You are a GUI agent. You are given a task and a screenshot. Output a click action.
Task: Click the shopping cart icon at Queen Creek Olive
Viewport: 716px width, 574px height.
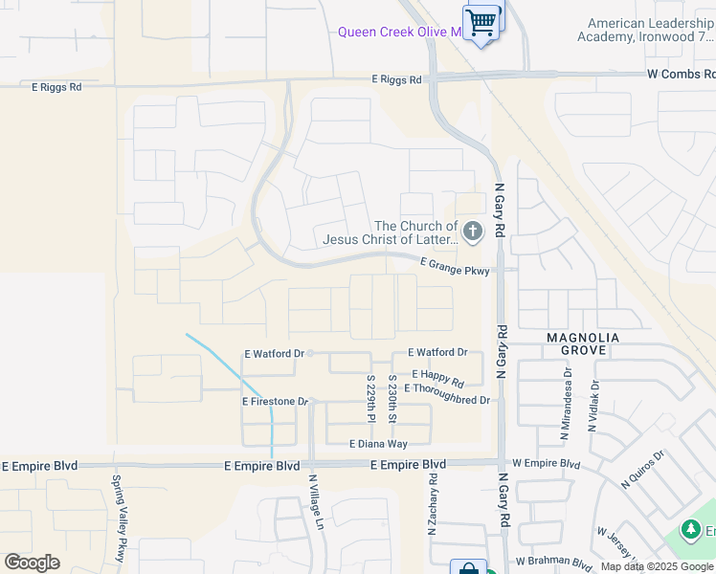(x=481, y=21)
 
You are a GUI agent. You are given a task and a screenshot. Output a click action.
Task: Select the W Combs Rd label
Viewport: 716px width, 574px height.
(x=681, y=74)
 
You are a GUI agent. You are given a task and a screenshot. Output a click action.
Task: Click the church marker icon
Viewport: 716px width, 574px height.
(x=473, y=231)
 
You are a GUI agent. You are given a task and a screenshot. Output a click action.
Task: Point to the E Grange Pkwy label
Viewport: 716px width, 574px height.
(x=455, y=271)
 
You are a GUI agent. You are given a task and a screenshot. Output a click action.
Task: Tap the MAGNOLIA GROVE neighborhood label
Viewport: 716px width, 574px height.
(x=583, y=344)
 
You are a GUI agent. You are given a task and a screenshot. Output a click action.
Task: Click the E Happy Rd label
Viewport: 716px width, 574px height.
(x=437, y=374)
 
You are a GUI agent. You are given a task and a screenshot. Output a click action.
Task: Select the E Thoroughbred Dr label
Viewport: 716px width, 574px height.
(x=447, y=387)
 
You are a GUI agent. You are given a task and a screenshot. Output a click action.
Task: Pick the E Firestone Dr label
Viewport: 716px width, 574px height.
(x=275, y=402)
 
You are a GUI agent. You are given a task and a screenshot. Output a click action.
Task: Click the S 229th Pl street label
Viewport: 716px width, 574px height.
(x=370, y=399)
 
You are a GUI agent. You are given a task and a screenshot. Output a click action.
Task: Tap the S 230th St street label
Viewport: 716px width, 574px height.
(x=392, y=399)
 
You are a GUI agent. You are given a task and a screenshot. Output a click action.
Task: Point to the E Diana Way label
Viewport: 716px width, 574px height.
(x=378, y=444)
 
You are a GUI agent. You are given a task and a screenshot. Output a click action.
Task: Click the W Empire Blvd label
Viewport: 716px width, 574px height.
(x=546, y=464)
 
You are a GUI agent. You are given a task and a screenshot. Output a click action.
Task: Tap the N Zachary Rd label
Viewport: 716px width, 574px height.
(x=433, y=502)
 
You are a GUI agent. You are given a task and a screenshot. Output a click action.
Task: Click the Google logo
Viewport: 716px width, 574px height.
(x=32, y=563)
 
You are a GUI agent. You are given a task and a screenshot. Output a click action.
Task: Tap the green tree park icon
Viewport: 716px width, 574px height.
(x=689, y=529)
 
